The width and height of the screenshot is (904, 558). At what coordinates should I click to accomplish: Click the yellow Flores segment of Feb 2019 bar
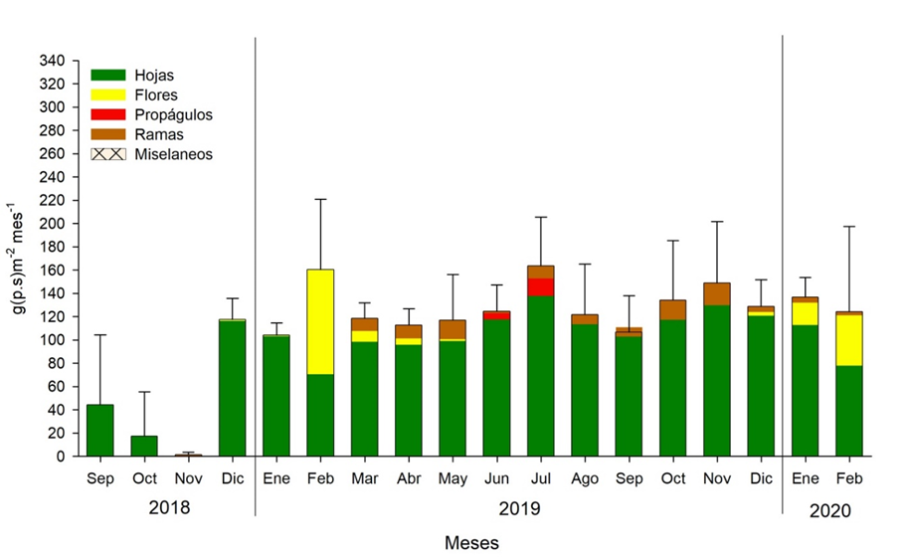point(320,321)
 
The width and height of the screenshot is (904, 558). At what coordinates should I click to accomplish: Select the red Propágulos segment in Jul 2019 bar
point(541,286)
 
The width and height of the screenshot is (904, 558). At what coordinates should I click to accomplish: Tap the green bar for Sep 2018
point(100,430)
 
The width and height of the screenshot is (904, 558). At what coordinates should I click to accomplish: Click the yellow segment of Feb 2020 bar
point(849,339)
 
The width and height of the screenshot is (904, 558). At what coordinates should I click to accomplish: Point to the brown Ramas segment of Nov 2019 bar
point(717,293)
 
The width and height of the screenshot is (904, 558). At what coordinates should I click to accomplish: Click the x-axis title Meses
point(471,543)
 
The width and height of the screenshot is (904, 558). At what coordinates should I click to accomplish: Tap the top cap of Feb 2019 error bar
point(320,199)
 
